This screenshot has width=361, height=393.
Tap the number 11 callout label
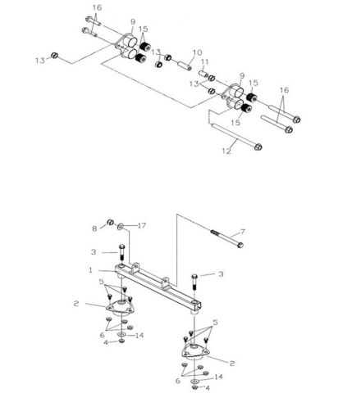(205, 63)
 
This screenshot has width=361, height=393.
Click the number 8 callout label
(95, 227)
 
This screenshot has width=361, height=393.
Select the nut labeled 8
(107, 225)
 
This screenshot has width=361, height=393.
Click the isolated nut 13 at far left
(53, 56)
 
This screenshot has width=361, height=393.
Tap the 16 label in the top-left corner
(97, 7)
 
